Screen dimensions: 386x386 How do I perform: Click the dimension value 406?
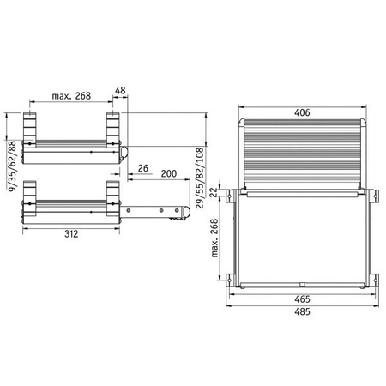pyautogui.click(x=302, y=112)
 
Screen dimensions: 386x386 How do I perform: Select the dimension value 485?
pyautogui.click(x=302, y=311)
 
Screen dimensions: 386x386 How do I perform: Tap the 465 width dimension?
pyautogui.click(x=302, y=299)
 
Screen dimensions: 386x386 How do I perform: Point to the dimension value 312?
pyautogui.click(x=71, y=234)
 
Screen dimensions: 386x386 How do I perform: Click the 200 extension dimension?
pyautogui.click(x=169, y=173)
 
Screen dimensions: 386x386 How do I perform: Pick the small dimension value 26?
pyautogui.click(x=143, y=168)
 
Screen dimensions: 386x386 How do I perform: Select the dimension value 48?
pyautogui.click(x=120, y=90)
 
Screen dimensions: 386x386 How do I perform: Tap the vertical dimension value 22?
pyautogui.click(x=214, y=192)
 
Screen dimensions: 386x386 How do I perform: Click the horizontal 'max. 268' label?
pyautogui.click(x=71, y=96)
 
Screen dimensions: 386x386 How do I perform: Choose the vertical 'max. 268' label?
pyautogui.click(x=214, y=238)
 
